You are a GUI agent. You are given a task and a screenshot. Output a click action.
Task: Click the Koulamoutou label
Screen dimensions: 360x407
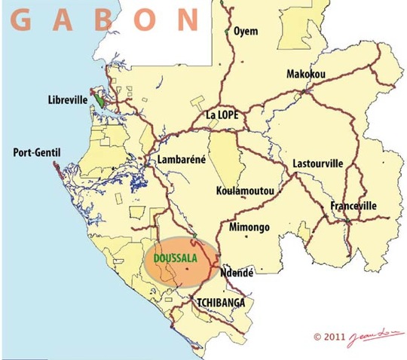tap(245, 191)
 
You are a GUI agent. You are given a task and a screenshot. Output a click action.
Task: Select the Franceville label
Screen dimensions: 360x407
tap(353, 206)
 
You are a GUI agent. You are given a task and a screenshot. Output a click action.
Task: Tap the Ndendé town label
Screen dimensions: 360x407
tap(237, 273)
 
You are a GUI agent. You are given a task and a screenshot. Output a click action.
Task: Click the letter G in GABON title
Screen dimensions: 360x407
tap(22, 20)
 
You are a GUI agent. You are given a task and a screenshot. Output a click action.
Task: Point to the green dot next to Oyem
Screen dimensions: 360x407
tap(228, 32)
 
